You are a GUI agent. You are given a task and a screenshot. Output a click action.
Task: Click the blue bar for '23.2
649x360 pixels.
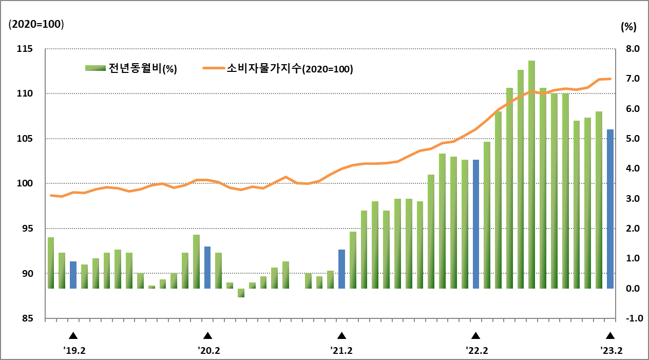[610, 209]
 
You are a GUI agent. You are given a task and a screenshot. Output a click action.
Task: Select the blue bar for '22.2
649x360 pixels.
[476, 224]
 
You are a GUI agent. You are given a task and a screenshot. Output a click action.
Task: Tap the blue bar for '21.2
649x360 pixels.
[341, 269]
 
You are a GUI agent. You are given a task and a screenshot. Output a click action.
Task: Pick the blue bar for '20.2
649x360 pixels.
[207, 267]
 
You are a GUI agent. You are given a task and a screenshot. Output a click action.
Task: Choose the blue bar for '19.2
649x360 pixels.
[73, 275]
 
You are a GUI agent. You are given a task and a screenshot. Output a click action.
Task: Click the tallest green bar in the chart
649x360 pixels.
[531, 175]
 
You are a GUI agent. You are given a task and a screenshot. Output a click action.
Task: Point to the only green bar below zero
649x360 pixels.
[241, 293]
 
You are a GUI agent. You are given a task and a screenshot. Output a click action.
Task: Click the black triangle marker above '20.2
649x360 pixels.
[207, 336]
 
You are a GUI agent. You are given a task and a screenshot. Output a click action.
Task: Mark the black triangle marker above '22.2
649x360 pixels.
[476, 336]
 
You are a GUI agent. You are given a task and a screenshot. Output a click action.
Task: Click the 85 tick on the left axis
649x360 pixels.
[28, 318]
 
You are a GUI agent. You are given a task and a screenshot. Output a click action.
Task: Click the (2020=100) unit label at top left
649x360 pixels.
[35, 24]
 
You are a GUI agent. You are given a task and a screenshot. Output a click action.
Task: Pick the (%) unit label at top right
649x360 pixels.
[628, 27]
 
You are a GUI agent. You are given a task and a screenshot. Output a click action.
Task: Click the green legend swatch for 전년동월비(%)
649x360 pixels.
[95, 69]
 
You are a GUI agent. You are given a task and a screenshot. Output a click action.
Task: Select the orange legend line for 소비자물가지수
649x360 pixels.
[214, 68]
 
